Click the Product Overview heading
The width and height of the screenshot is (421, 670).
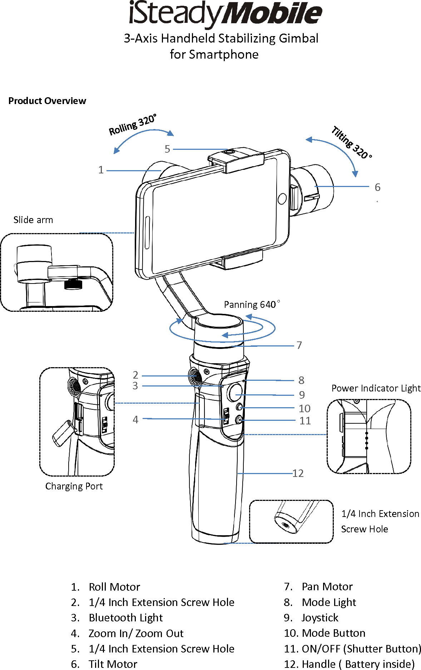coord(47,101)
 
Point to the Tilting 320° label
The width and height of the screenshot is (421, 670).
coord(351,142)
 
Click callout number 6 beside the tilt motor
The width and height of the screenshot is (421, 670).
coord(377,187)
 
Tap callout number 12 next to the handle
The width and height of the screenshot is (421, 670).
coord(298,473)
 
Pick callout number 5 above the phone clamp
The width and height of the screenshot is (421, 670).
coord(167,149)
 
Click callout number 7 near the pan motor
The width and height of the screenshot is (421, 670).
coord(299,345)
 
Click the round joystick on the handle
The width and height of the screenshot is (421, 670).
coord(235,392)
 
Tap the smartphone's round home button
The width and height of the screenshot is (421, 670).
coord(282,198)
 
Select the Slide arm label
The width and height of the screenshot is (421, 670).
coord(33,220)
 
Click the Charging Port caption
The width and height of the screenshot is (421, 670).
coord(74,486)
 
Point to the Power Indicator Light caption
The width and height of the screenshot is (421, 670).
coord(376,388)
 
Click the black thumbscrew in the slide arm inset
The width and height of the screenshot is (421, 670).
coord(73,284)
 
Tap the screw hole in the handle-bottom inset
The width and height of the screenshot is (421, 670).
coord(286,525)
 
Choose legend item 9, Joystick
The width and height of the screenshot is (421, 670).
coord(320,617)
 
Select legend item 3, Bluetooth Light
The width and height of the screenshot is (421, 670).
coord(125,617)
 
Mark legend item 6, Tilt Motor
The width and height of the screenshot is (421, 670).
coord(113,664)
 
